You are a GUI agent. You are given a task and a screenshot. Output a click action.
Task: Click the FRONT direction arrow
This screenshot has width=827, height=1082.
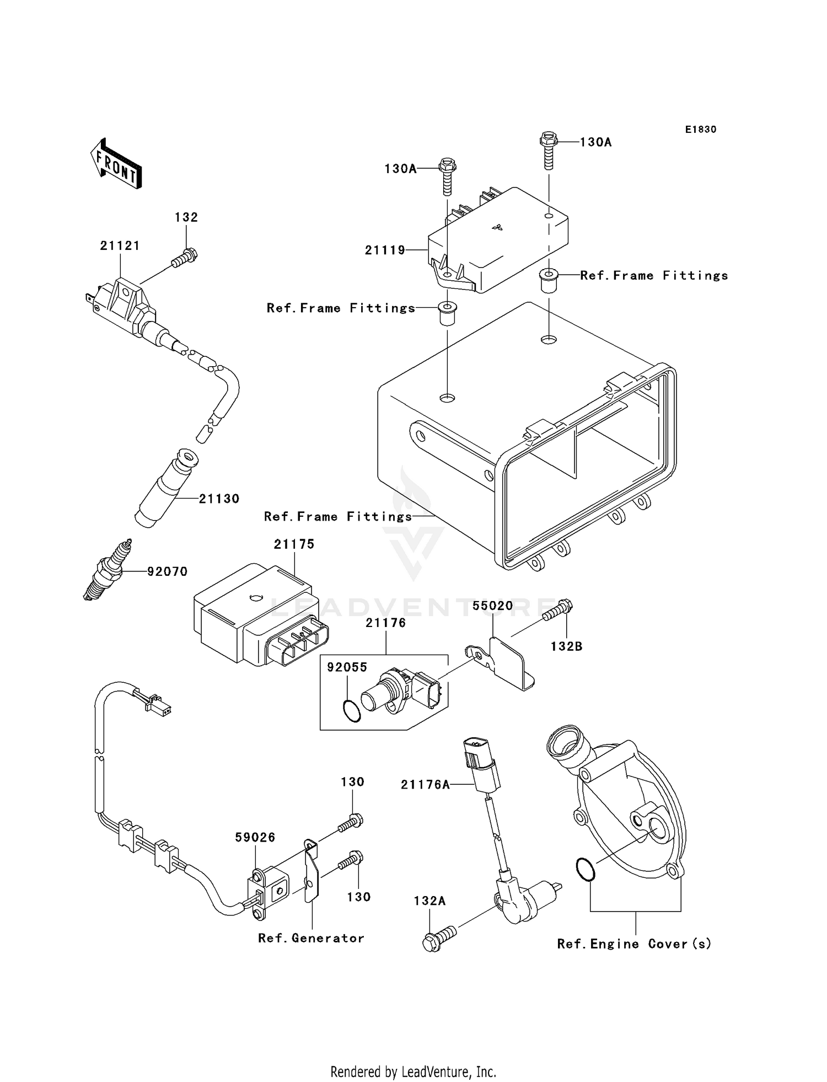coord(116,164)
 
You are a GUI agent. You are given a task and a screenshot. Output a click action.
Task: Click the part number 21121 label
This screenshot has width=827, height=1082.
coord(120,246)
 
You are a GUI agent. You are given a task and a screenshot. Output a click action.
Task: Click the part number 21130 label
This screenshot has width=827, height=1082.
coord(219,499)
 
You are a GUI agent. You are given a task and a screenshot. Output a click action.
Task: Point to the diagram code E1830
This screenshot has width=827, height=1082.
coord(701,130)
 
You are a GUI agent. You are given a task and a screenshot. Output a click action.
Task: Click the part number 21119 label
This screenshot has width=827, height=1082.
coord(385,250)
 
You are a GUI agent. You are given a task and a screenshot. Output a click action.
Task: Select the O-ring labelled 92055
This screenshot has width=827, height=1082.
coord(351,711)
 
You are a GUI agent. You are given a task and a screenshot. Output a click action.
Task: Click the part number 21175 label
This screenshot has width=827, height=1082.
coord(294,544)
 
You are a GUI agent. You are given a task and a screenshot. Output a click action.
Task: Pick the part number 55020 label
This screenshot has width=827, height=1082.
coord(492,606)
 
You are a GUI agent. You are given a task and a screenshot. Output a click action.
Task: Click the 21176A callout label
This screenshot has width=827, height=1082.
coord(425,785)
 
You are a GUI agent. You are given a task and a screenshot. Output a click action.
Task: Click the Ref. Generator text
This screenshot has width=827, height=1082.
coord(311,938)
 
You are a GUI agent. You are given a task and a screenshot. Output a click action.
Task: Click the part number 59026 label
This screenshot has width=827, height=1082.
coord(255,837)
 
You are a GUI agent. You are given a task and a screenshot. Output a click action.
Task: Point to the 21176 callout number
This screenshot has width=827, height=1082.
coord(386,623)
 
